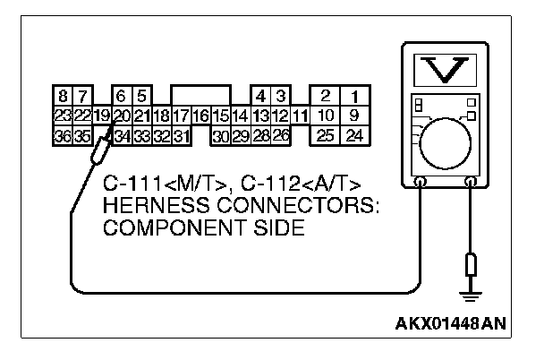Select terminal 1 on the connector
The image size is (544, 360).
[354, 96]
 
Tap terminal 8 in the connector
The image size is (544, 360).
[62, 96]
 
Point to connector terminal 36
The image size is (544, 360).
[62, 135]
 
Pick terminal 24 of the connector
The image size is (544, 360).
[354, 135]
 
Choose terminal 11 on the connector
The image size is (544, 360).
[300, 116]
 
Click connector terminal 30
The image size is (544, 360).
[220, 135]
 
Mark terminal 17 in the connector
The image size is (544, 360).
[182, 116]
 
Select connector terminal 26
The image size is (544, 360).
[280, 135]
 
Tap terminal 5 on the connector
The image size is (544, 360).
[141, 96]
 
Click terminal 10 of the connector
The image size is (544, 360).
[326, 116]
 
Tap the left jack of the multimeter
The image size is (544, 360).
[420, 182]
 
